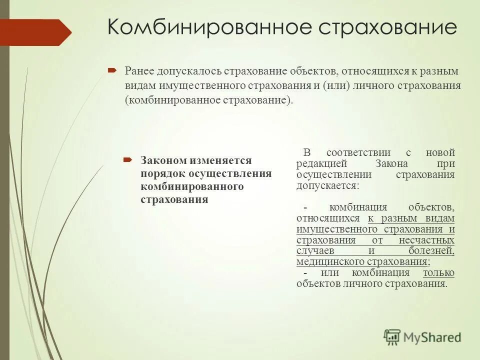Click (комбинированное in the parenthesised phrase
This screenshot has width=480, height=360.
click(x=172, y=99)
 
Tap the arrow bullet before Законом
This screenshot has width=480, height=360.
click(x=127, y=160)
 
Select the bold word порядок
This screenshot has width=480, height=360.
click(x=162, y=174)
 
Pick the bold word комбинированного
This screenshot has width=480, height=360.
click(x=192, y=187)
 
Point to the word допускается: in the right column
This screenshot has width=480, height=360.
click(x=327, y=185)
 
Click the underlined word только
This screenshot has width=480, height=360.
click(x=438, y=273)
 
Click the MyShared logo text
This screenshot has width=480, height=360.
click(x=432, y=337)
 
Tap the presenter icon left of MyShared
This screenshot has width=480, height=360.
click(x=392, y=336)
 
